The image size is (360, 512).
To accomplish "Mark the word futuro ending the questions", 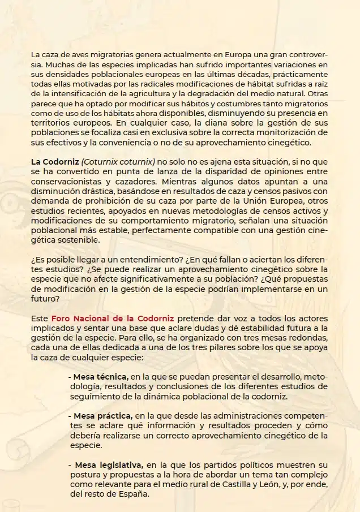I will [45, 299].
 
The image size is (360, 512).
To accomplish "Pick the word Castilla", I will [254, 484].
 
